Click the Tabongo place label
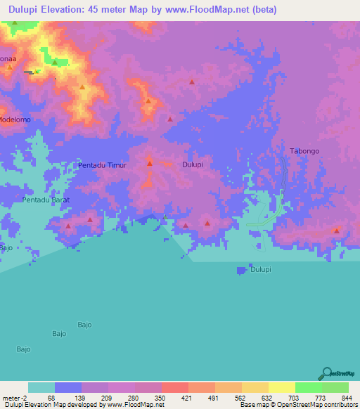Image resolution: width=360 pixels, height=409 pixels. click(304, 150)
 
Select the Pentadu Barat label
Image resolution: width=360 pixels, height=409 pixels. click(49, 200)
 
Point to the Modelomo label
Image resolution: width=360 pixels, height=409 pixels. click(15, 119)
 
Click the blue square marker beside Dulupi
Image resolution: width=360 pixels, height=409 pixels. click(242, 270)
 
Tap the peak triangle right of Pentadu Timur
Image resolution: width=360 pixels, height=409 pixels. click(150, 164)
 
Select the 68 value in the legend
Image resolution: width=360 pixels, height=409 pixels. click(51, 396)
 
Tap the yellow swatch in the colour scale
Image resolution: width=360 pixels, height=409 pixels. click(281, 387)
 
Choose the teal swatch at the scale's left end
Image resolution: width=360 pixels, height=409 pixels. click(41, 387)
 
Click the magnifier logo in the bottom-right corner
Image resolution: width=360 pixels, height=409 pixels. click(327, 373)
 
